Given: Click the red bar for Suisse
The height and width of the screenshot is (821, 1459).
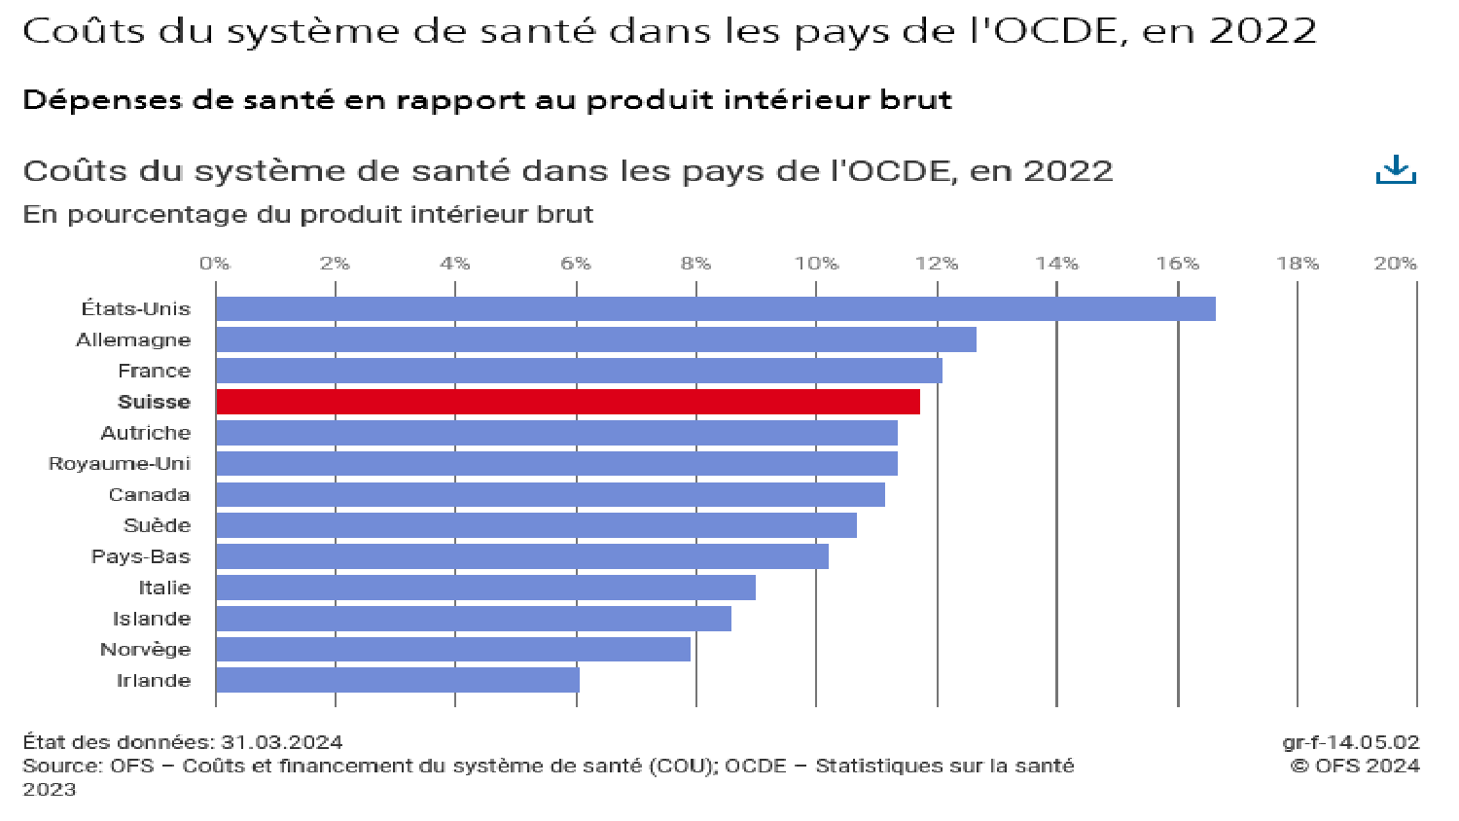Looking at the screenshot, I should [x=567, y=402].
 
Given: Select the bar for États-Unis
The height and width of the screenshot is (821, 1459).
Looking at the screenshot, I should [x=715, y=308].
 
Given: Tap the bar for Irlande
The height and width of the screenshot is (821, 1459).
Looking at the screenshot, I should [x=397, y=680].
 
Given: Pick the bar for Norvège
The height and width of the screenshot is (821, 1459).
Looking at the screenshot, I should [x=452, y=649].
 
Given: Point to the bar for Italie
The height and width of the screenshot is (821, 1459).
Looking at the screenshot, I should [x=485, y=588].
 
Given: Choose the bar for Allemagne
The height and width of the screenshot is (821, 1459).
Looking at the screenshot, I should [x=595, y=339].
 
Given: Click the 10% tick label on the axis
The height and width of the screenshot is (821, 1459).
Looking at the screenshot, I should [x=816, y=264].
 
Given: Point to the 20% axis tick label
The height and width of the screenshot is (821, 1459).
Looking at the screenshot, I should [x=1395, y=264].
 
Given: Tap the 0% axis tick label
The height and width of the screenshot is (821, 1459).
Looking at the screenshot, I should [x=215, y=264].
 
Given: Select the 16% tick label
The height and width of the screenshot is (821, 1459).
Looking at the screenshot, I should [x=1177, y=264].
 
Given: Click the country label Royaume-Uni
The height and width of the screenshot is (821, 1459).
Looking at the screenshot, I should [x=120, y=464].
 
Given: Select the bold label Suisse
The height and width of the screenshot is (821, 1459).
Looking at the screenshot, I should [x=154, y=402].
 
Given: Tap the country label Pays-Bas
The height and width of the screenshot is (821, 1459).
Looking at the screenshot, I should [x=141, y=556].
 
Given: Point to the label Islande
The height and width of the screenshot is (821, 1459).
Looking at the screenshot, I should [x=152, y=619].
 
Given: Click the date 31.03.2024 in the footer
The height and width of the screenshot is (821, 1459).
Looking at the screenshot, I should [x=282, y=742].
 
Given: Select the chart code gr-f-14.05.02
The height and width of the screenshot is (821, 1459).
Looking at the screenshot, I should [x=1350, y=742].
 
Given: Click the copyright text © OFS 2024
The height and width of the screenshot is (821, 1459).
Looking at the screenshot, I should [x=1355, y=766].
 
